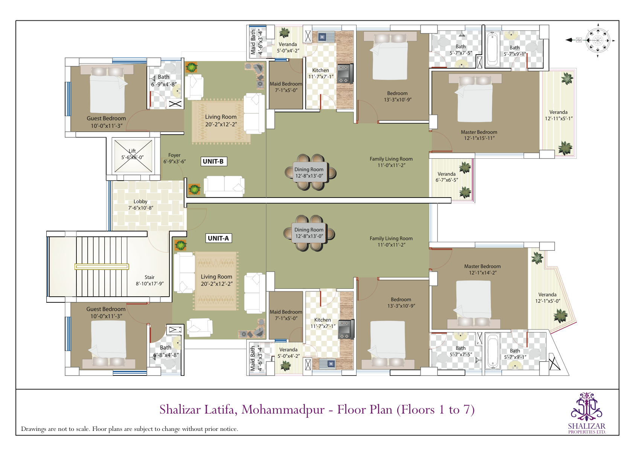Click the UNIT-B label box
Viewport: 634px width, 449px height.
[x=213, y=161]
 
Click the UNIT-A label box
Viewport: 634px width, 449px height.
[x=218, y=238]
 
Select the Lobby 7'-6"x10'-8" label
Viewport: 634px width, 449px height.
[x=140, y=205]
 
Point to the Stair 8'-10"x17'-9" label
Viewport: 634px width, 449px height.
[x=149, y=280]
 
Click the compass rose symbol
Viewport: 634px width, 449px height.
[x=597, y=40]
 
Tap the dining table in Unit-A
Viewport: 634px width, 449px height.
[x=309, y=233]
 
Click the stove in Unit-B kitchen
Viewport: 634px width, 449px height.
[x=344, y=74]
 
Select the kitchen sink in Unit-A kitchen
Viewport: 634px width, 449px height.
[x=327, y=363]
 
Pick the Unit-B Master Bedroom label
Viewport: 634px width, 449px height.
[x=479, y=135]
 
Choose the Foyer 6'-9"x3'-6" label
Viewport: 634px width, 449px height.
[x=174, y=158]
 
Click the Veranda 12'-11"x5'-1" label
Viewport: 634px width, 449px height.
[x=559, y=115]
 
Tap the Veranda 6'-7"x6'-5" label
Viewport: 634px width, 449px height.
[x=447, y=177]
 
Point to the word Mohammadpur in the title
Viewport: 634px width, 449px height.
[x=283, y=410]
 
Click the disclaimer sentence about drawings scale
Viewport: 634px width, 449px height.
[x=130, y=429]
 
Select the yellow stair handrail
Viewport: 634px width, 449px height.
[x=102, y=267]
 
